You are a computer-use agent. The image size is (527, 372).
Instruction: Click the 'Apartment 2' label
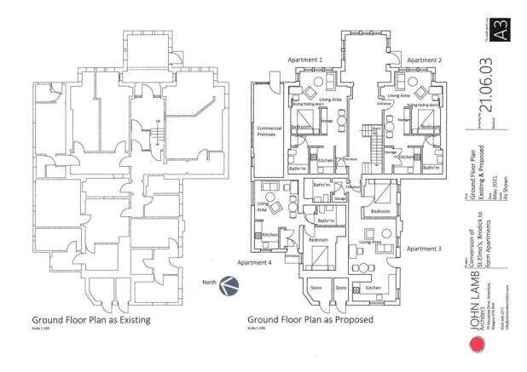424,60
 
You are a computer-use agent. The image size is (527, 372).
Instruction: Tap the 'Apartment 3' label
424,249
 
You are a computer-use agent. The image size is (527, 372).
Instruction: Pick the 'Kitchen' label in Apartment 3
374,289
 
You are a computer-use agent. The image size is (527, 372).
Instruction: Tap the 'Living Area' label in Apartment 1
330,100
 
